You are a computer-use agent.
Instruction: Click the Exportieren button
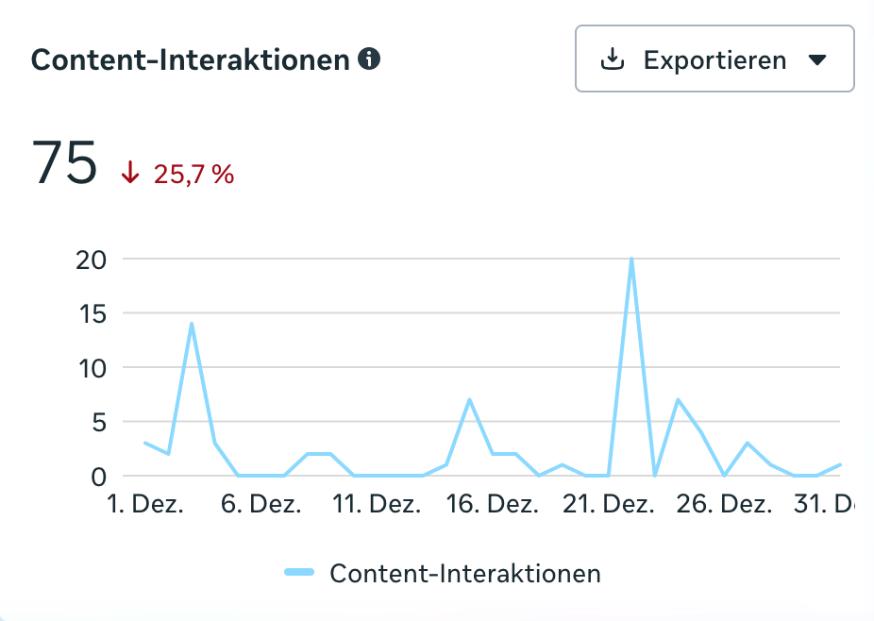click(x=714, y=59)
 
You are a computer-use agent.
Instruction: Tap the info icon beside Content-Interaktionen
click(x=370, y=59)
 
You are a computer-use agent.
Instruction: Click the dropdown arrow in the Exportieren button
click(x=817, y=60)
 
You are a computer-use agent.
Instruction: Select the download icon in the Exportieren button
click(x=613, y=59)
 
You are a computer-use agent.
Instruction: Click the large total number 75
click(x=64, y=163)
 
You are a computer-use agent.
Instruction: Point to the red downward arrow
click(x=130, y=173)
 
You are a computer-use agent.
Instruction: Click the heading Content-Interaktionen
click(x=191, y=60)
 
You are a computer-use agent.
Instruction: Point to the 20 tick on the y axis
click(x=90, y=259)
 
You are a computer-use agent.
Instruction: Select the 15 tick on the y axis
click(x=91, y=312)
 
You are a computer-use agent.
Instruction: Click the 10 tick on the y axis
click(x=91, y=367)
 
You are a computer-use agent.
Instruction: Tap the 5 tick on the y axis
click(x=97, y=422)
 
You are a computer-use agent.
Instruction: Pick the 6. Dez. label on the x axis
click(x=261, y=505)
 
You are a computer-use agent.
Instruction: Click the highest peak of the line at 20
click(x=630, y=259)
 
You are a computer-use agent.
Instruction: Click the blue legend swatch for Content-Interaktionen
click(x=299, y=572)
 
